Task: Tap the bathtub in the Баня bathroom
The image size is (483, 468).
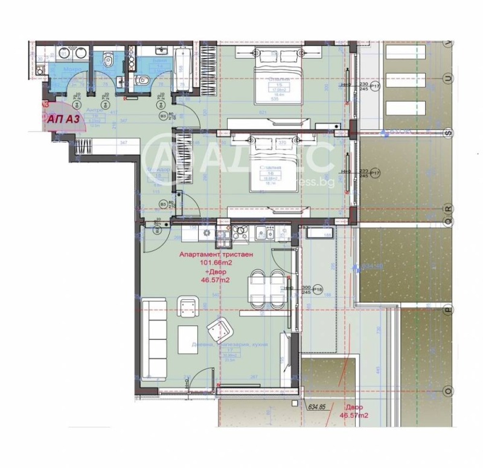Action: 184,71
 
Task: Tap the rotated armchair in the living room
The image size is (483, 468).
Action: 220,330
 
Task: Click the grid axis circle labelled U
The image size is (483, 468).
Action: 447,78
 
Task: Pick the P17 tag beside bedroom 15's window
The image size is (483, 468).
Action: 375,87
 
